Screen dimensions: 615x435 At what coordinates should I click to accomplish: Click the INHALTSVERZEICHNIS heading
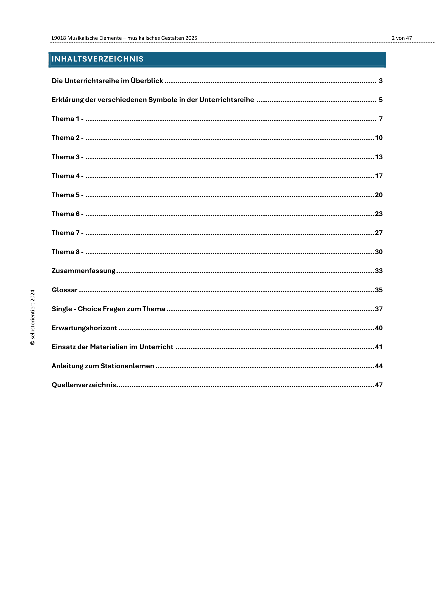click(x=98, y=59)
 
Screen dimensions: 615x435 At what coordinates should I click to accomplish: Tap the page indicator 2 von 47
click(x=402, y=38)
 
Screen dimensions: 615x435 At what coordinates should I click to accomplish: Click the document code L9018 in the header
click(x=59, y=38)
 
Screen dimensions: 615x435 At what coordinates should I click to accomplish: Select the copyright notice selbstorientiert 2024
click(x=33, y=317)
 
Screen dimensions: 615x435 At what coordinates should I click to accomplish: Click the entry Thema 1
click(x=67, y=119)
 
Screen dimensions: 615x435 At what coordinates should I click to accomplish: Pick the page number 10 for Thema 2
click(x=378, y=138)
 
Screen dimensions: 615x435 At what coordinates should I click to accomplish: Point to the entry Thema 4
click(x=67, y=176)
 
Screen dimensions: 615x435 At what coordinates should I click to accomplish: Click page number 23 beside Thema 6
click(x=378, y=214)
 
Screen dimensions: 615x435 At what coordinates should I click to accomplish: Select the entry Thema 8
click(x=67, y=252)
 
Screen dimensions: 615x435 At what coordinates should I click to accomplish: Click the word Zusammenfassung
click(x=83, y=271)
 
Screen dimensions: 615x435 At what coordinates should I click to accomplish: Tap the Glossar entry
click(x=64, y=290)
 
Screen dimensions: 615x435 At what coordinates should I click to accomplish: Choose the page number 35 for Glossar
click(x=378, y=290)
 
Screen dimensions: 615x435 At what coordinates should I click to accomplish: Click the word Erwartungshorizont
click(x=84, y=328)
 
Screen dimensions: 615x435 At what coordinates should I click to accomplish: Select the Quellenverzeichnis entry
click(x=84, y=385)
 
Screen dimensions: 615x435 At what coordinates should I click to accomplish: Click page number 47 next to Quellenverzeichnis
click(x=378, y=385)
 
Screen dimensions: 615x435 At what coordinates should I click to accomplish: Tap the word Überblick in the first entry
click(x=147, y=81)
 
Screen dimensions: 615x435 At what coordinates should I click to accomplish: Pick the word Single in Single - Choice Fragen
click(x=62, y=309)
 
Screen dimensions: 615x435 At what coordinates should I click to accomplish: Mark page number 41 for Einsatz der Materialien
click(x=378, y=347)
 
